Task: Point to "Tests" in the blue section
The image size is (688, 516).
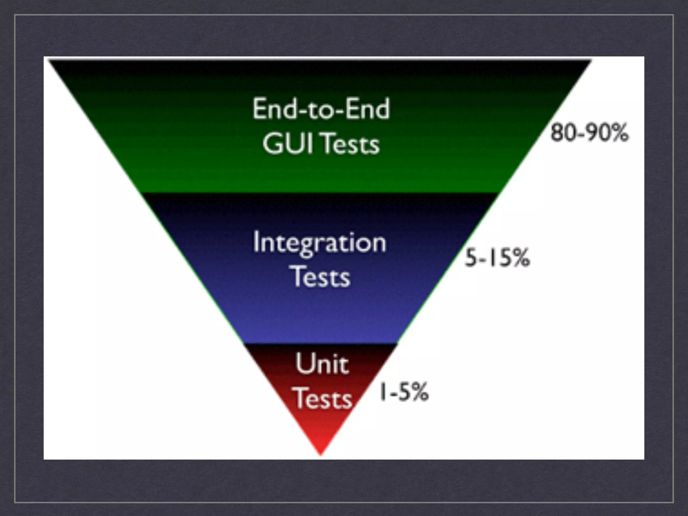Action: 321,277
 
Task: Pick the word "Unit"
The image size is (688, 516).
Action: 322,364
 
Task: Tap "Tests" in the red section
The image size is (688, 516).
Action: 323,399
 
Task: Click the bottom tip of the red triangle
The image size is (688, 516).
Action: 321,455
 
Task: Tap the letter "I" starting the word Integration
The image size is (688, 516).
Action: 256,242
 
